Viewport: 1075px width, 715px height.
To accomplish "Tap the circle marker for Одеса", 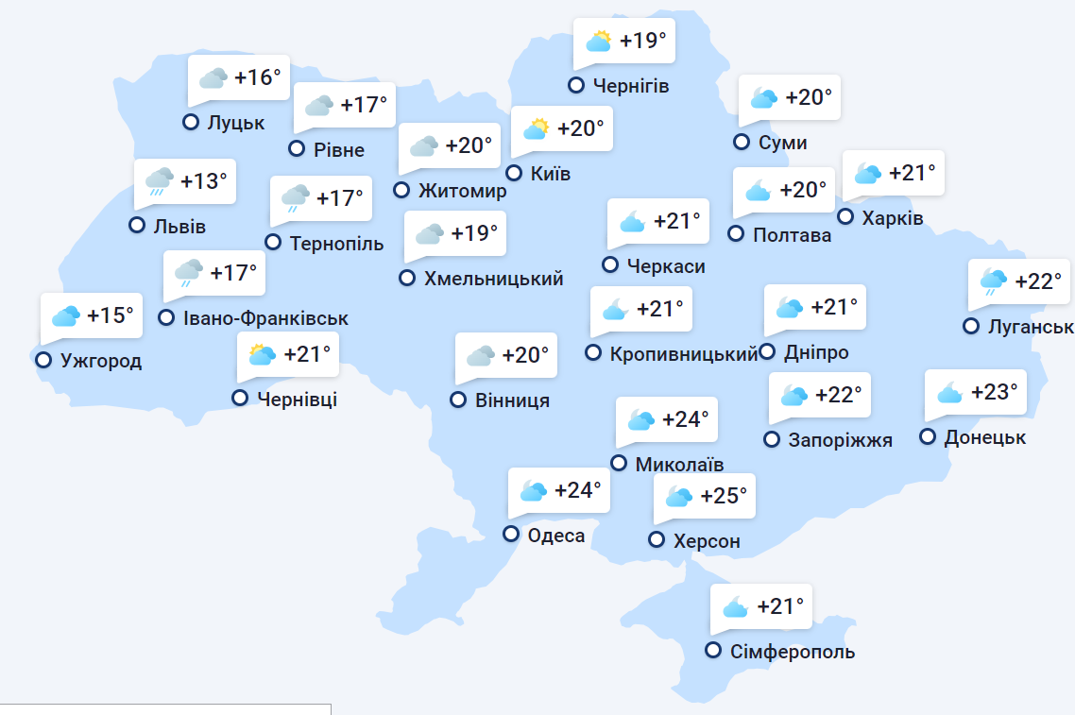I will click(511, 534).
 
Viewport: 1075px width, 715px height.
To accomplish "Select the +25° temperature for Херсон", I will click(724, 495).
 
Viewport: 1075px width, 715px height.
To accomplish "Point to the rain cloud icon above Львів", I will click(158, 180).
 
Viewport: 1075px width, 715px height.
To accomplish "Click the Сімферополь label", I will click(793, 652).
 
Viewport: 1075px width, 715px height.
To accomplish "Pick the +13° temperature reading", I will click(204, 180).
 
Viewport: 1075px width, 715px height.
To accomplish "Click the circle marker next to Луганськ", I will click(970, 326).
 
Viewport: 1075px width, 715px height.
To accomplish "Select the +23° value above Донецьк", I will click(995, 391).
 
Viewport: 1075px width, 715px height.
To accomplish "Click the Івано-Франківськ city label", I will click(266, 319).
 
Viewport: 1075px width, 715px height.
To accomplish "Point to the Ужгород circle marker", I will click(43, 359).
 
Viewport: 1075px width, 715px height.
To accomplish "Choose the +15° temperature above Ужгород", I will click(111, 315).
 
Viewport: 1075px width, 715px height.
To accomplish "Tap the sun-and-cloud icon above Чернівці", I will click(261, 354).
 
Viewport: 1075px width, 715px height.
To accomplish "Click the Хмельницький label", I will click(494, 279).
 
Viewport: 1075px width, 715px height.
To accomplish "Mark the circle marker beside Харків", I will click(845, 217).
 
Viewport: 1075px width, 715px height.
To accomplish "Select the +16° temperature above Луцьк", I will click(258, 77).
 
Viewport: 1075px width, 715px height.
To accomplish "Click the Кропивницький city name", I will click(684, 354).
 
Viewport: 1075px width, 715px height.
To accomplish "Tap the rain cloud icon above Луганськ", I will click(992, 281).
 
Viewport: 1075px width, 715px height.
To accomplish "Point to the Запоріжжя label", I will click(841, 440).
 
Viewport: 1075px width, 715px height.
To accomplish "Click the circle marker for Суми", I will click(742, 142).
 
